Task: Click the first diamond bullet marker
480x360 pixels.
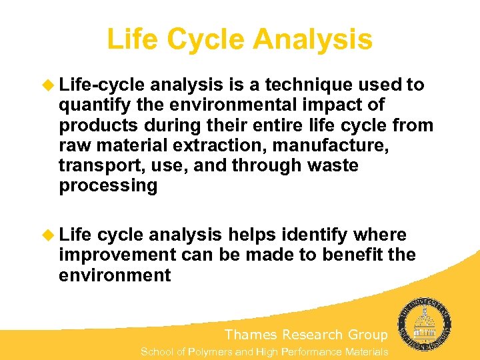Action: pos(49,85)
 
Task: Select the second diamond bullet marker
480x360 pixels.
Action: pos(49,235)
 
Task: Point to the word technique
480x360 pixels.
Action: pos(310,85)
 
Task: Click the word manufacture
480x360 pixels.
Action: pos(335,145)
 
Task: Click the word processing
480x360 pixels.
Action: pos(108,185)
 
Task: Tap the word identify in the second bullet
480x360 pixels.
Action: pos(314,235)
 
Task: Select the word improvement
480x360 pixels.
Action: pos(116,255)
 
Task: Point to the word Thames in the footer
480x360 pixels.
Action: pos(251,335)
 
